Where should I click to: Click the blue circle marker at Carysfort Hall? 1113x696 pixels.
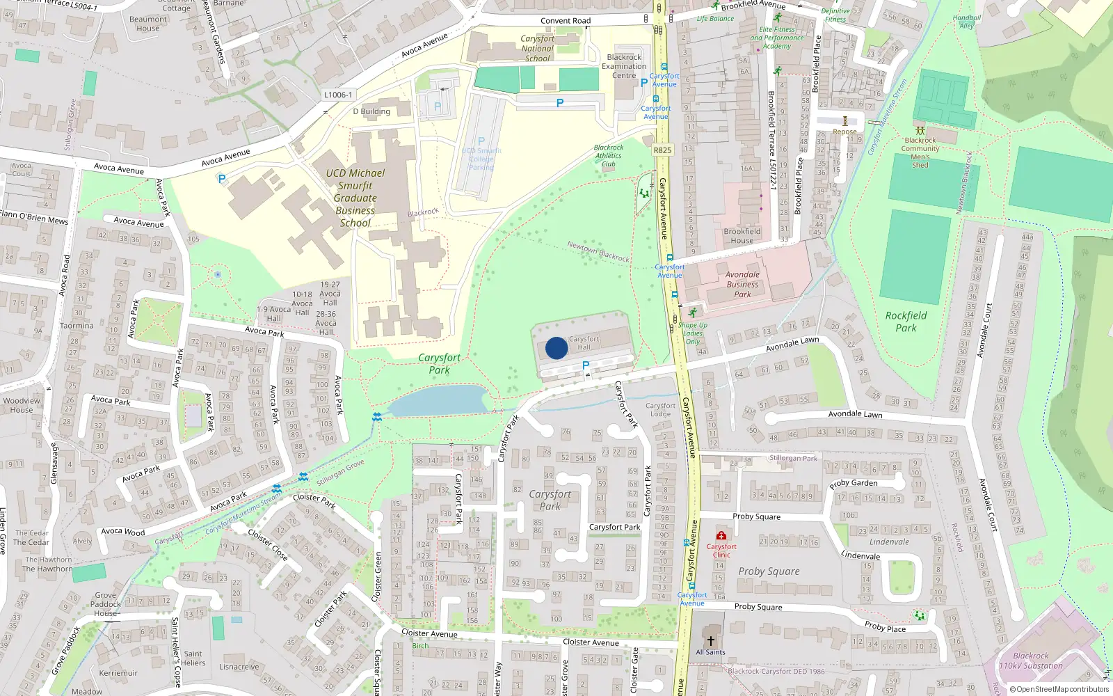(x=556, y=348)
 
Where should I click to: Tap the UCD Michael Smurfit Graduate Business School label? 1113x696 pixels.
(x=355, y=198)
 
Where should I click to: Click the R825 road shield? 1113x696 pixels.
(x=662, y=150)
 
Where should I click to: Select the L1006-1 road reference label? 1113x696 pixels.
(x=338, y=95)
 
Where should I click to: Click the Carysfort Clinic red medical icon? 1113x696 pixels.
(x=721, y=536)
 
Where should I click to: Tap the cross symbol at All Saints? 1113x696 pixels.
(x=710, y=640)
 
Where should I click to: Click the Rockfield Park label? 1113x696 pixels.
(x=906, y=322)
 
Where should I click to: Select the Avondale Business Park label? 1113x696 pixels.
(x=742, y=284)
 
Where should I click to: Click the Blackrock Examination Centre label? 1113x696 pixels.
(x=624, y=66)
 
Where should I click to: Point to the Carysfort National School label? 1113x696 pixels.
(x=537, y=49)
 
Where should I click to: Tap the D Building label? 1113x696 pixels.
(x=371, y=111)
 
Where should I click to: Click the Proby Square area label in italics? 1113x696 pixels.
(x=769, y=571)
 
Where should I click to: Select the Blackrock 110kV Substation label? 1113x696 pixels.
(x=1030, y=661)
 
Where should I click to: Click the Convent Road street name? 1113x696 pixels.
(x=566, y=21)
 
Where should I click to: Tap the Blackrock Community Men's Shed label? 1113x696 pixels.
(x=920, y=152)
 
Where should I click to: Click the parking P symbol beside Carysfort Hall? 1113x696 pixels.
(x=585, y=365)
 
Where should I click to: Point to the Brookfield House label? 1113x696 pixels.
(x=742, y=236)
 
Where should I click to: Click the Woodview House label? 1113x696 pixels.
(x=21, y=405)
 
